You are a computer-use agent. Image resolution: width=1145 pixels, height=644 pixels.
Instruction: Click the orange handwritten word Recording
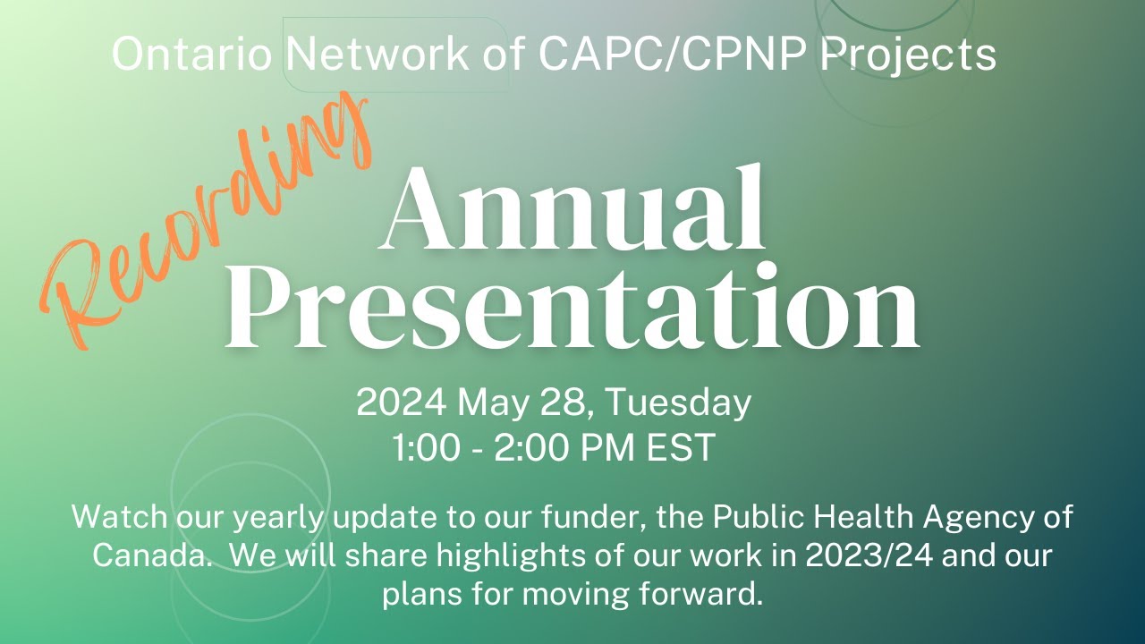pos(206,224)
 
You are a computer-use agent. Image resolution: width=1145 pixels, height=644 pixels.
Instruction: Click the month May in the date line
pos(489,403)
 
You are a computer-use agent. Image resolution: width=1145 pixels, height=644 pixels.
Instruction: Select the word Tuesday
pos(679,403)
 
